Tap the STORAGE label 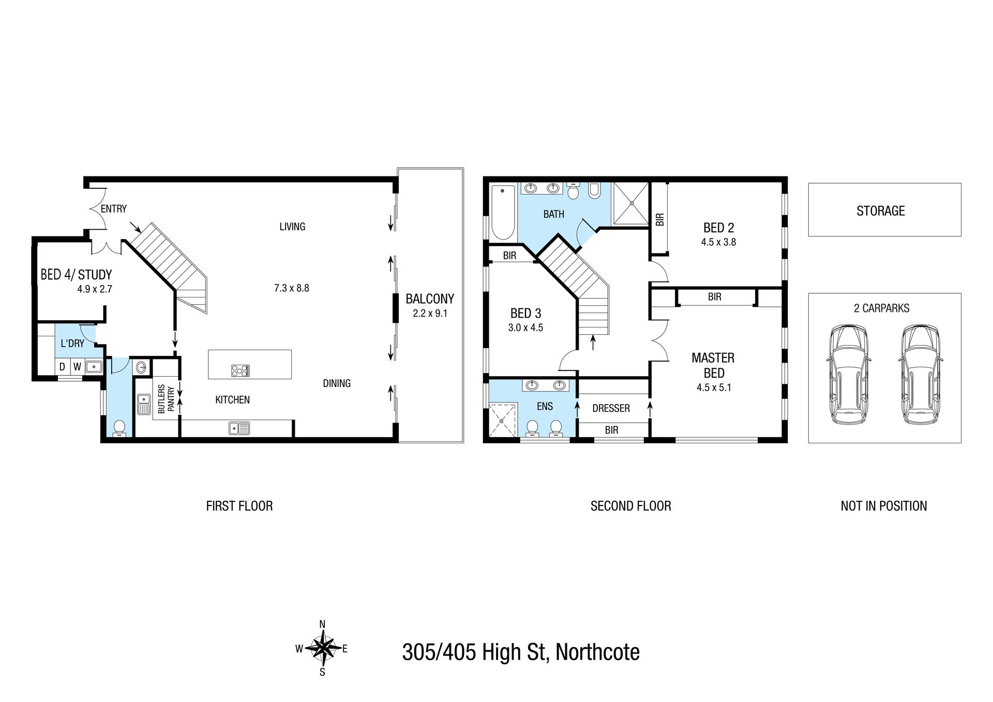pyautogui.click(x=880, y=211)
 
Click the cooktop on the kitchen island pyautogui.click(x=240, y=370)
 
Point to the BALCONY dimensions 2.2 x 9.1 pyautogui.click(x=430, y=313)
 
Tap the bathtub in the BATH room pyautogui.click(x=501, y=212)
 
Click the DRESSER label pyautogui.click(x=611, y=409)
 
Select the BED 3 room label pyautogui.click(x=525, y=313)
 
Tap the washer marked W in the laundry pyautogui.click(x=77, y=367)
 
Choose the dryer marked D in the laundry pyautogui.click(x=63, y=367)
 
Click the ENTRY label pyautogui.click(x=113, y=209)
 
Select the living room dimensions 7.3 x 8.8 pyautogui.click(x=292, y=288)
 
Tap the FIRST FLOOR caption pyautogui.click(x=239, y=506)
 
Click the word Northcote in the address pyautogui.click(x=597, y=652)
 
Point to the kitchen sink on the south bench pyautogui.click(x=240, y=428)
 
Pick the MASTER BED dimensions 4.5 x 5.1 pyautogui.click(x=714, y=387)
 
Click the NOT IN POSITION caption pyautogui.click(x=884, y=506)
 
